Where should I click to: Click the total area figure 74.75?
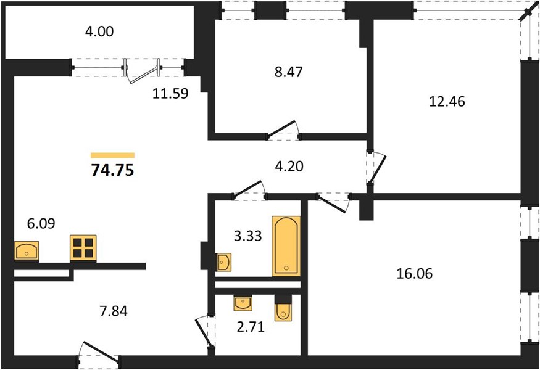(112, 170)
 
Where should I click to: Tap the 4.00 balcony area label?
(99, 31)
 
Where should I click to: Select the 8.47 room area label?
(289, 72)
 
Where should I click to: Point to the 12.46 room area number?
(447, 102)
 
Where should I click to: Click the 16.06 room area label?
(415, 274)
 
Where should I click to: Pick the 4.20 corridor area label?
(289, 166)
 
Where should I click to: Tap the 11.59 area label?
(170, 93)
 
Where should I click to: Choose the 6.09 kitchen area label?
(41, 224)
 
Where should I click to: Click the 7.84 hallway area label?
(114, 311)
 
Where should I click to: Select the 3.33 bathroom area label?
(248, 236)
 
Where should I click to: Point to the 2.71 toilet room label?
(251, 327)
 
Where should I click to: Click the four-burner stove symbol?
(83, 248)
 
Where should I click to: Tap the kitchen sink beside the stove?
(27, 250)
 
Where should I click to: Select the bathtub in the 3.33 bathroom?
(286, 246)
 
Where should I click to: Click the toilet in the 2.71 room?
(283, 308)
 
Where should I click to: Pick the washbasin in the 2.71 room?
(243, 303)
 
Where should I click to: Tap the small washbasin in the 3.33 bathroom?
(223, 262)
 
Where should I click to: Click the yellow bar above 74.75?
(112, 155)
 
